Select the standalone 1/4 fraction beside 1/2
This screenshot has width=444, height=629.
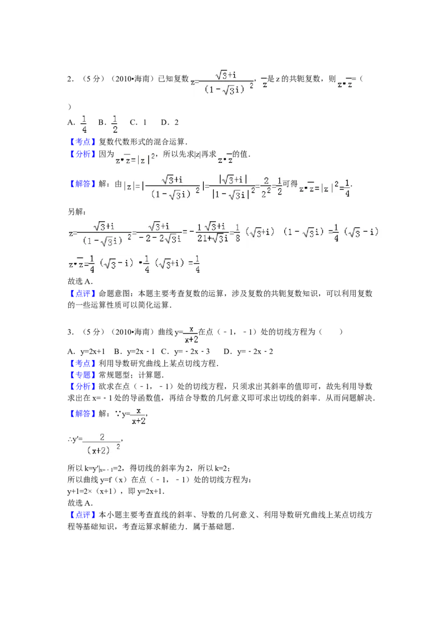[x=84, y=124]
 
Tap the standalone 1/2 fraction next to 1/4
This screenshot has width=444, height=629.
[x=115, y=124]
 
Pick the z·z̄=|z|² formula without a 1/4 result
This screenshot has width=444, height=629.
[x=133, y=160]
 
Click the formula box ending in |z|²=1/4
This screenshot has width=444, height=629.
[x=322, y=188]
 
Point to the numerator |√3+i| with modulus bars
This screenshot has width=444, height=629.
[x=233, y=179]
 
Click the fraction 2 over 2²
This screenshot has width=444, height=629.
[x=266, y=188]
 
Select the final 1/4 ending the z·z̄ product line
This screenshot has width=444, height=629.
[x=197, y=264]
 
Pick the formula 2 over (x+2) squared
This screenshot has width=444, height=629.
[x=102, y=445]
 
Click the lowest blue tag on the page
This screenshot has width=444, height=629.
[x=83, y=516]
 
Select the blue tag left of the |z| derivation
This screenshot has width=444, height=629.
[x=83, y=184]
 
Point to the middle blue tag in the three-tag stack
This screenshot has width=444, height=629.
[x=83, y=375]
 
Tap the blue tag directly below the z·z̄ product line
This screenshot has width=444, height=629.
[x=83, y=293]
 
